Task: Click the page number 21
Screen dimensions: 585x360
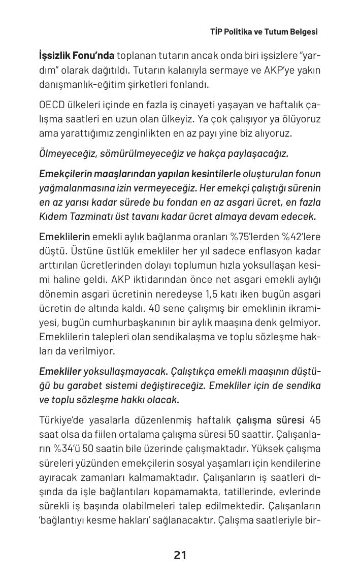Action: [x=180, y=555]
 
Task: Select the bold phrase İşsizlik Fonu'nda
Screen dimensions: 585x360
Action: [x=77, y=55]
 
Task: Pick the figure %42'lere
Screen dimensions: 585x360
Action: [x=302, y=237]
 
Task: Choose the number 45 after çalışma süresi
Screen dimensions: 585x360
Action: [x=314, y=420]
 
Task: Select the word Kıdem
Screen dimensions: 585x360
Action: [x=52, y=216]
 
